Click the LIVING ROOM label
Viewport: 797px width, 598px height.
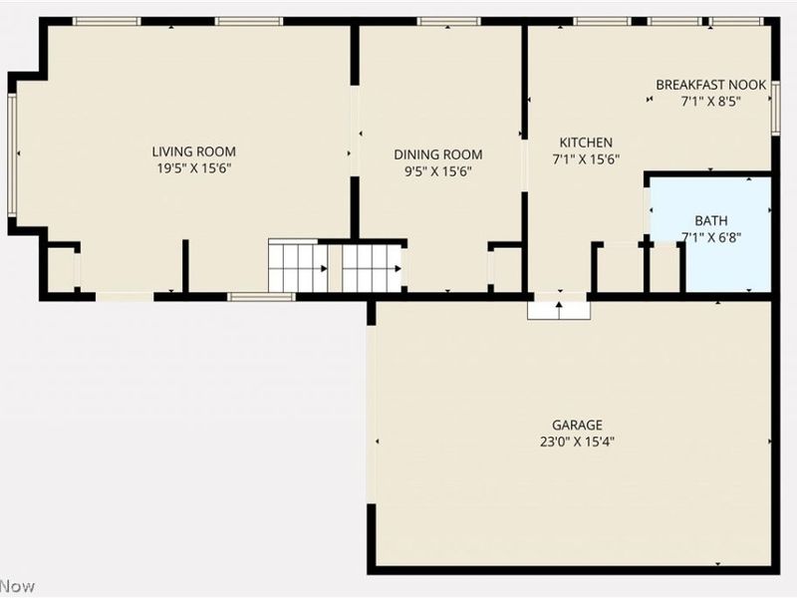[193, 151]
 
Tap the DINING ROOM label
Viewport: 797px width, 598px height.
[438, 154]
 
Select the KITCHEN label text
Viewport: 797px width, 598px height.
[586, 143]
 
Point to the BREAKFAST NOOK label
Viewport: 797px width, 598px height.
[711, 85]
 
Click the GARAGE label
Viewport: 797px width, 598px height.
[578, 426]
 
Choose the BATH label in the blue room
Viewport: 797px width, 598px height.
[711, 220]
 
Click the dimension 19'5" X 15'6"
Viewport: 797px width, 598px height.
[194, 168]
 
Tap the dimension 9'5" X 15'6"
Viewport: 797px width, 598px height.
[438, 171]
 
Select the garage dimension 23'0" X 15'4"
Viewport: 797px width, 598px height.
[578, 442]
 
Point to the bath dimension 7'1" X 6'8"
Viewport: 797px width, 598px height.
[711, 237]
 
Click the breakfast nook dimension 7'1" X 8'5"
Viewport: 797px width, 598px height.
[710, 102]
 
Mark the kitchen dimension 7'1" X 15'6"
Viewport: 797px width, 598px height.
[586, 159]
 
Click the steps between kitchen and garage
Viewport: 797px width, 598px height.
[559, 311]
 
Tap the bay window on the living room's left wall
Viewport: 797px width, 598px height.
[12, 154]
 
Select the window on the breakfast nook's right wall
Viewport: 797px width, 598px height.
[776, 109]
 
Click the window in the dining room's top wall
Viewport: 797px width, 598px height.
[449, 21]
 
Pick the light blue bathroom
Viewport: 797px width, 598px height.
[711, 234]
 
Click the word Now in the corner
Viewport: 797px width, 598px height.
[17, 586]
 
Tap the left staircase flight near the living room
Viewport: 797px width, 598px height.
[298, 267]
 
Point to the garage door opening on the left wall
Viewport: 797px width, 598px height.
[372, 415]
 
